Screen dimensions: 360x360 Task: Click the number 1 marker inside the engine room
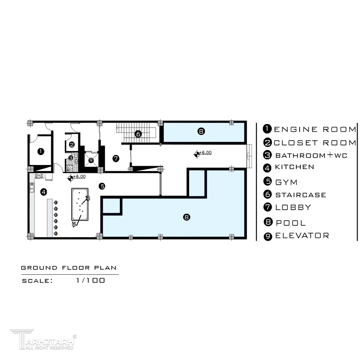[41, 151]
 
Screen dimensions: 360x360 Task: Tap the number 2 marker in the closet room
[72, 144]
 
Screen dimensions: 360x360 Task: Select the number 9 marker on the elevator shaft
[91, 160]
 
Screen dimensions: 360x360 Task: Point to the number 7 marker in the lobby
[116, 158]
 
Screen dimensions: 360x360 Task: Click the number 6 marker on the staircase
[138, 134]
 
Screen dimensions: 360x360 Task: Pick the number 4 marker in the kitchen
[44, 192]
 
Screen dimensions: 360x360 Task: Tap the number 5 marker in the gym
[102, 186]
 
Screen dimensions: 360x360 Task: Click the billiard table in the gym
[80, 204]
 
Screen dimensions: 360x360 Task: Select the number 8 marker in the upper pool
[201, 131]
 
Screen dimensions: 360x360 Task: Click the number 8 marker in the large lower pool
[186, 217]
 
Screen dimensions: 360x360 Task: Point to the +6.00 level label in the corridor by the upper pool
[205, 152]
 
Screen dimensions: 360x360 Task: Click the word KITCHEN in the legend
[295, 167]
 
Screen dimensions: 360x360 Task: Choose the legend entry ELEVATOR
[302, 236]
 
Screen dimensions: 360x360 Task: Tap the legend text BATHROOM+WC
[311, 155]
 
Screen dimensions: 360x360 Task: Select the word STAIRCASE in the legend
[301, 195]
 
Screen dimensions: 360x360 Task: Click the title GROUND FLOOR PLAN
[69, 268]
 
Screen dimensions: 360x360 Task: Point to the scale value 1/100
[91, 280]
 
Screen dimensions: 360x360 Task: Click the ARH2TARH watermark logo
[44, 340]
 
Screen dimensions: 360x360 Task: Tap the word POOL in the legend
[291, 223]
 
